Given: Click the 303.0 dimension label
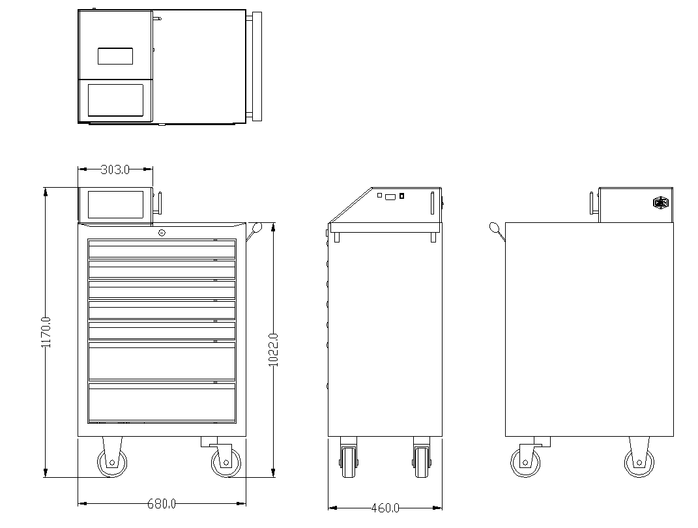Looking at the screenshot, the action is pos(115,169).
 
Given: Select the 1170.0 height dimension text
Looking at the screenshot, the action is pos(46,332).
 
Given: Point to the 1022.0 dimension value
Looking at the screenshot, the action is pos(274,350).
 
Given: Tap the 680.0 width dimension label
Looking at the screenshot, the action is pos(162,504).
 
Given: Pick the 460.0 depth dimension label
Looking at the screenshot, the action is pos(385,508).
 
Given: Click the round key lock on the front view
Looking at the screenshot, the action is pos(162,232).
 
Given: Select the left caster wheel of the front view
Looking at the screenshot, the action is pos(111,462).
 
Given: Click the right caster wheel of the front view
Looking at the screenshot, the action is pos(225,462).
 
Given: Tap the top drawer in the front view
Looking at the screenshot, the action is pos(162,249).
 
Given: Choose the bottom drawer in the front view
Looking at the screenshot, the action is pos(162,402).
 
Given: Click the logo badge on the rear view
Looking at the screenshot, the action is pos(661,203).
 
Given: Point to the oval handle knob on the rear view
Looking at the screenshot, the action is pos(494,227).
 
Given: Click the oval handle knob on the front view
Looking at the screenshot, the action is pos(257,227).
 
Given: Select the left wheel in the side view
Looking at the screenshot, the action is pos(349,462).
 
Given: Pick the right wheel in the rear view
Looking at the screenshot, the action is pos(639,463).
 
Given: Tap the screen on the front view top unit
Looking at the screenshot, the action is pos(116,204).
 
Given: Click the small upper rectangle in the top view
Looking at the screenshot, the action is pos(115,56).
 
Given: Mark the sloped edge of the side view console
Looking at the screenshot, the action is pos(351,205).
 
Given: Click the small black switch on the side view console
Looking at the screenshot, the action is pos(401,196).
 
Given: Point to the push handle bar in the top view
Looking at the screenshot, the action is pos(257,66).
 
